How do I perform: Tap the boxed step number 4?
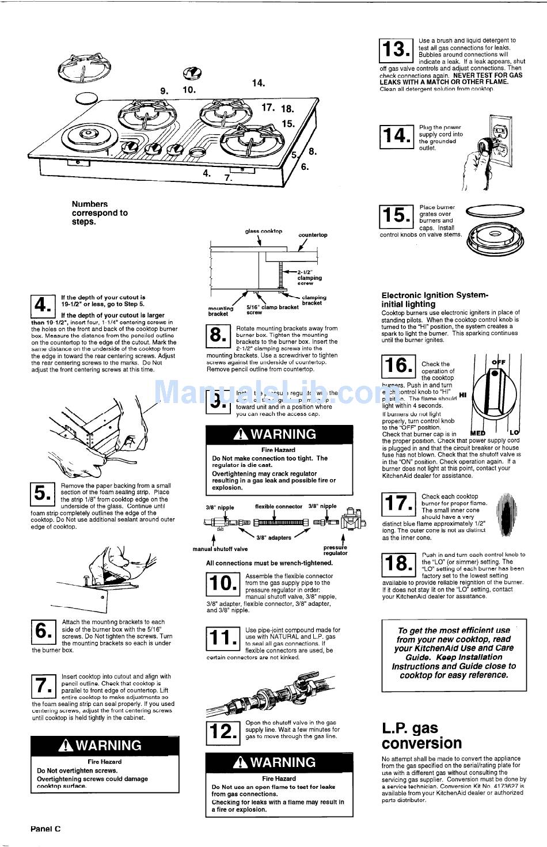42,306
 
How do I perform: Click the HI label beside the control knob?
462,395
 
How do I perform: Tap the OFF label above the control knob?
498,362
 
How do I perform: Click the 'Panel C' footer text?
45,829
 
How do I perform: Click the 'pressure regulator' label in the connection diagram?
335,550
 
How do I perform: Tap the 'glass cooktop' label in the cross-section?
264,231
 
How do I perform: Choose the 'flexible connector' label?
279,507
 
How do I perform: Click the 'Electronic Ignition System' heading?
435,299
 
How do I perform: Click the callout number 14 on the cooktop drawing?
258,83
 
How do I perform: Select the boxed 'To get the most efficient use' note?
454,655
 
